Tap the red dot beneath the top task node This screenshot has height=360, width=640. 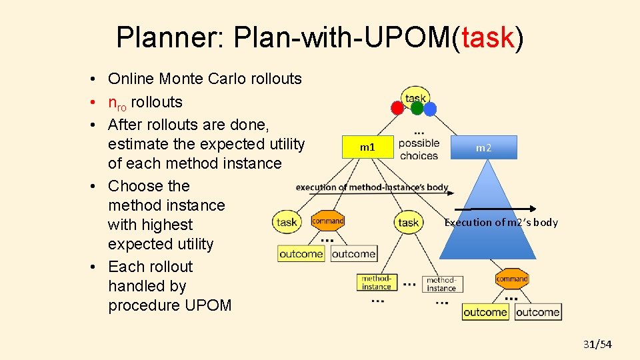tap(397, 107)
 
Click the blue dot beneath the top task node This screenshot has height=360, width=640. tap(430, 109)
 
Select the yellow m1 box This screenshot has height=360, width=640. tap(367, 147)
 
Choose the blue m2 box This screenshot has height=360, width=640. tap(484, 147)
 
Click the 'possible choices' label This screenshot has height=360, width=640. tap(419, 149)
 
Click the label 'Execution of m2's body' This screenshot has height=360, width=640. tap(501, 223)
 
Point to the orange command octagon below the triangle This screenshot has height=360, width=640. tap(512, 279)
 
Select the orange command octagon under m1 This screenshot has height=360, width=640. tap(328, 221)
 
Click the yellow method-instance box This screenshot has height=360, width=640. tap(377, 283)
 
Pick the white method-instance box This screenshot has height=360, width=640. tap(441, 284)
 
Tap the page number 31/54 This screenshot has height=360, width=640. tap(597, 344)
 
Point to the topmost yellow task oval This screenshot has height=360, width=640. tap(415, 96)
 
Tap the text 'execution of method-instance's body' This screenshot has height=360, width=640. tap(372, 187)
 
